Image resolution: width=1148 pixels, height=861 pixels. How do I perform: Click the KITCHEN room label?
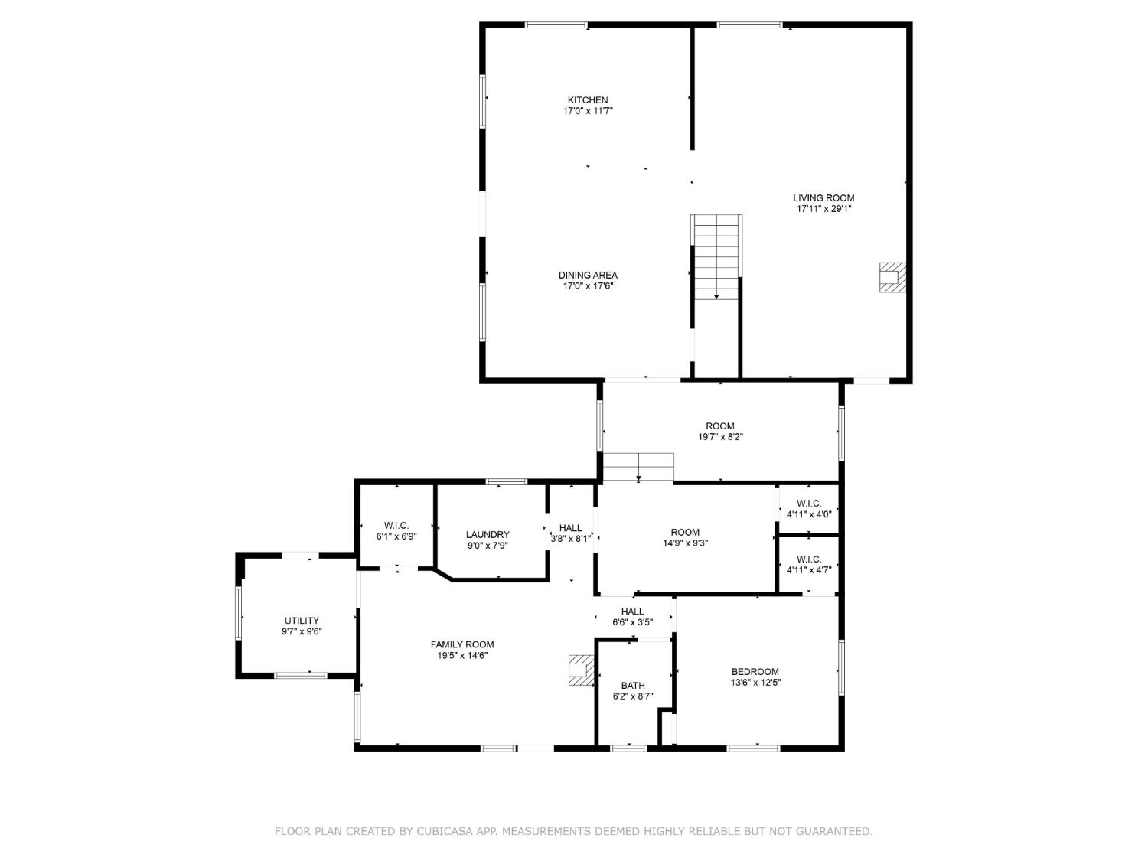588,100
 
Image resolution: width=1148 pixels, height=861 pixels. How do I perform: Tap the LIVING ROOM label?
823,197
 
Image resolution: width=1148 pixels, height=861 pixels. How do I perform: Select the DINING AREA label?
588,276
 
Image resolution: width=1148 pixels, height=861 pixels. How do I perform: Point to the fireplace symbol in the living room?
892,277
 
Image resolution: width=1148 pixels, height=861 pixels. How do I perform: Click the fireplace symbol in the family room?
581,670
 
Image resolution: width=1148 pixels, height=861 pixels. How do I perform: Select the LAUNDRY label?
488,535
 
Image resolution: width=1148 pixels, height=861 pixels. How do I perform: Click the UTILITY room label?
302,621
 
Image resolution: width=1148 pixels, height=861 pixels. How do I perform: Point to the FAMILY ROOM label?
462,644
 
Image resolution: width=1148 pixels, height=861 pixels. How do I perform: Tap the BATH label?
633,686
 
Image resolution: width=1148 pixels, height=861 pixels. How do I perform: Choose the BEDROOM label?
755,672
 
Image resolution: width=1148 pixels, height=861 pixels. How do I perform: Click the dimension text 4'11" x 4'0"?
809,514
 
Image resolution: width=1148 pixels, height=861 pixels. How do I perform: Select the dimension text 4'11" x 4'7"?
809,569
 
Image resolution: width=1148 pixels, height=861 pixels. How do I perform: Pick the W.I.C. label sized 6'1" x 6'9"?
396,526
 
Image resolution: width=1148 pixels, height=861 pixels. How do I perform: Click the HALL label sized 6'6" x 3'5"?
633,612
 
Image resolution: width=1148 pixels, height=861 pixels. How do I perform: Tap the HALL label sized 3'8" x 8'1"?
570,528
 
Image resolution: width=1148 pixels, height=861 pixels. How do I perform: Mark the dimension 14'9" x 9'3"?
685,543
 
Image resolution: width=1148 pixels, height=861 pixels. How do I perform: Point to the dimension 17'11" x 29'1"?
823,208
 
